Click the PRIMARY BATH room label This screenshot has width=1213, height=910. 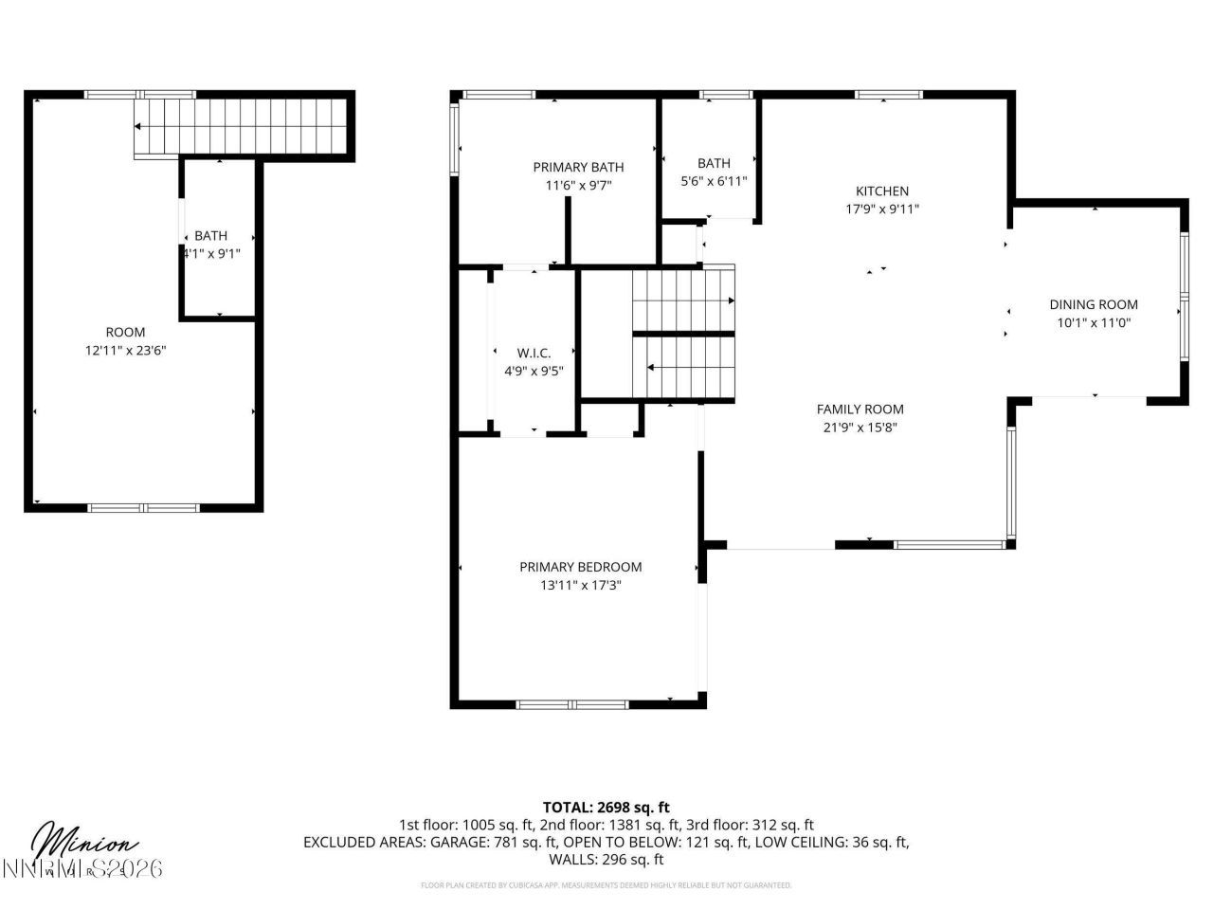pos(578,168)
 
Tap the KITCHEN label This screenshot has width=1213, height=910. pos(881,191)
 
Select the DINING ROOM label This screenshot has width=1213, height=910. pos(1093,304)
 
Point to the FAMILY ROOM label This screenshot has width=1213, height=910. pos(860,409)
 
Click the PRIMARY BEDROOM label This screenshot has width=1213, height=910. pos(580,567)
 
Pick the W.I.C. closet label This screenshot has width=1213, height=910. pos(534,354)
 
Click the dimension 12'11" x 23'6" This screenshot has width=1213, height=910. pos(126,350)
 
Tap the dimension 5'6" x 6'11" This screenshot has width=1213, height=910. pos(714,181)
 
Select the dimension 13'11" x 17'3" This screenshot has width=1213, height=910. pos(580,585)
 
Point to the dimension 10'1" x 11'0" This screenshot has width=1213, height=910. pos(1093,322)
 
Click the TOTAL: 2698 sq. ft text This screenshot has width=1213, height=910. pos(606,808)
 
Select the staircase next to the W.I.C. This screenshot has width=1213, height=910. pos(683,334)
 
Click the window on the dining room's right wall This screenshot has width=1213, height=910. pos(1183,296)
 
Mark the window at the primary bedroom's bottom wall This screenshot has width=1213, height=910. pos(571,704)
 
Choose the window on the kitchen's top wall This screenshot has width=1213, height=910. pos(888,95)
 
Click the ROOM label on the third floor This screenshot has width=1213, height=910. pos(125,332)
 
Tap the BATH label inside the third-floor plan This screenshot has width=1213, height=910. pos(211,236)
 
